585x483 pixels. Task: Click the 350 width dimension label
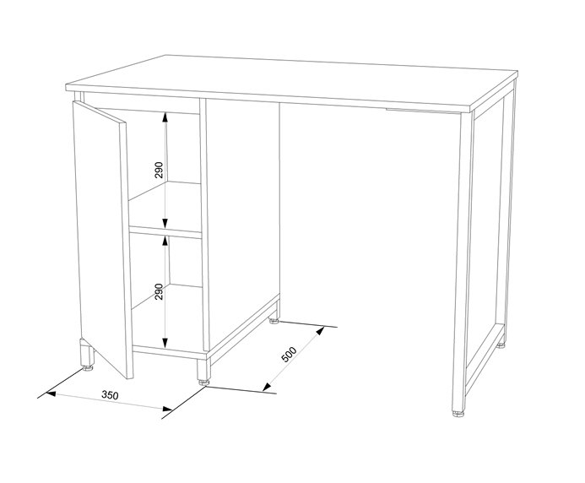pyautogui.click(x=110, y=394)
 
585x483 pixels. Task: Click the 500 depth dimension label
pyautogui.click(x=289, y=354)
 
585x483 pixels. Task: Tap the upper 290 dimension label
pyautogui.click(x=159, y=170)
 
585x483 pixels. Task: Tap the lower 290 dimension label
pyautogui.click(x=159, y=291)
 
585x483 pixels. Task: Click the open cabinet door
pyautogui.click(x=103, y=239)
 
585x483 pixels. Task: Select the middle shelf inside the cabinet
pyautogui.click(x=165, y=231)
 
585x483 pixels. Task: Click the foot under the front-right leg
pyautogui.click(x=458, y=413)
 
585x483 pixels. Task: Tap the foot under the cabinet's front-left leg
pyautogui.click(x=88, y=367)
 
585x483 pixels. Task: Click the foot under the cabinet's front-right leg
pyautogui.click(x=203, y=382)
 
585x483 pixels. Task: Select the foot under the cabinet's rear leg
pyautogui.click(x=274, y=320)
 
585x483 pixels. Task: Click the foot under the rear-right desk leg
pyautogui.click(x=501, y=345)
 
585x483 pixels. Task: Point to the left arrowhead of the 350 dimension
pyautogui.click(x=51, y=393)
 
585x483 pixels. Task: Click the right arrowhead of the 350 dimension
pyautogui.click(x=167, y=409)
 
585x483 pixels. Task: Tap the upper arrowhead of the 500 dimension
pyautogui.click(x=320, y=330)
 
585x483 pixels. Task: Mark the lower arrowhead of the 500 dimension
pyautogui.click(x=267, y=387)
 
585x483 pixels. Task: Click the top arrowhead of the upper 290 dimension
pyautogui.click(x=165, y=117)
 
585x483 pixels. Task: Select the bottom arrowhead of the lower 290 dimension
pyautogui.click(x=165, y=343)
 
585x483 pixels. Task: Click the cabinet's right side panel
pyautogui.click(x=242, y=224)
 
